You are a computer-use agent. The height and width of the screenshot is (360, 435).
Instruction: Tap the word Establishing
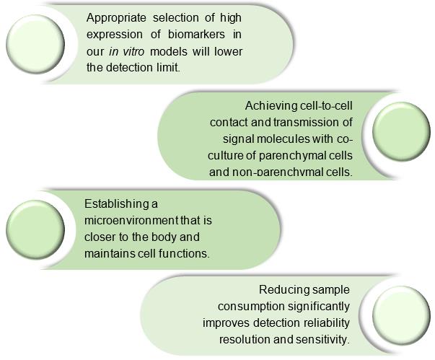pyautogui.click(x=116, y=202)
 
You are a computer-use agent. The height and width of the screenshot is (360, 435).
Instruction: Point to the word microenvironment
pyautogui.click(x=130, y=219)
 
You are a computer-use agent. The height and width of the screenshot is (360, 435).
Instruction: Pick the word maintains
pyautogui.click(x=109, y=253)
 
